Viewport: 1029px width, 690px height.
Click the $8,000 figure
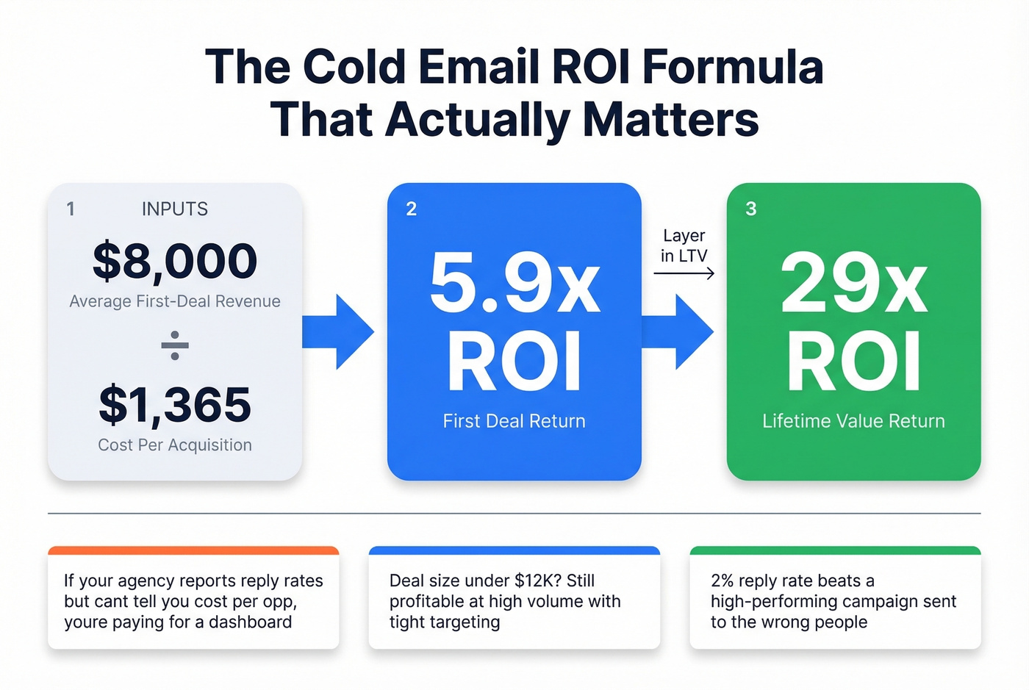point(175,262)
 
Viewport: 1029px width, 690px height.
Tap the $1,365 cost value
point(175,405)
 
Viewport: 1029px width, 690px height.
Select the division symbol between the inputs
point(175,345)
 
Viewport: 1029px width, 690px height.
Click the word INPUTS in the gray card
point(175,209)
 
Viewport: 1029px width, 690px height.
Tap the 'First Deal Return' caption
point(514,421)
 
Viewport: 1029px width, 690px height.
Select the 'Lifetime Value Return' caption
point(854,421)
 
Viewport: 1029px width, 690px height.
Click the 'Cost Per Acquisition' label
point(175,445)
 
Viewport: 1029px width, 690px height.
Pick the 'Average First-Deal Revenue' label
point(175,301)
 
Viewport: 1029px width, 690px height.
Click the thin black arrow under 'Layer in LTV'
point(684,273)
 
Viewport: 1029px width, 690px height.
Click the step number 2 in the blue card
point(412,209)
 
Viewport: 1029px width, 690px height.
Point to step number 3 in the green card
point(751,209)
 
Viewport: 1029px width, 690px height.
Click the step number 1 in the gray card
point(71,209)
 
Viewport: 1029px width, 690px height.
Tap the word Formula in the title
point(733,68)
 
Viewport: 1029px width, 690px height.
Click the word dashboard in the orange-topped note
point(251,622)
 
